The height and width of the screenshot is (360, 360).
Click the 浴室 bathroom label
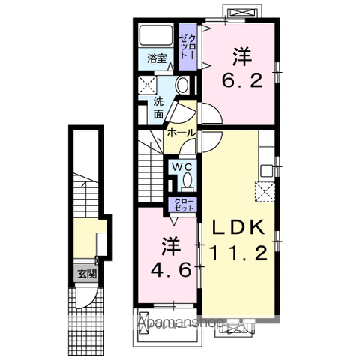point(157,58)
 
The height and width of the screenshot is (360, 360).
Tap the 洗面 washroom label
point(158,108)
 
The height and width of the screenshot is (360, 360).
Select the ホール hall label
point(181,132)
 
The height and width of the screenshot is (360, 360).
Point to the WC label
point(182,166)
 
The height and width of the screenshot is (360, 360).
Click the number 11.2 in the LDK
point(238,255)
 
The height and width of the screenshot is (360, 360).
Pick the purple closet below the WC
point(182,205)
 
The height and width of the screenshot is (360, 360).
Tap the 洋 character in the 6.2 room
point(241,55)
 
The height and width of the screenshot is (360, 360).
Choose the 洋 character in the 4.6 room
point(169,244)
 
